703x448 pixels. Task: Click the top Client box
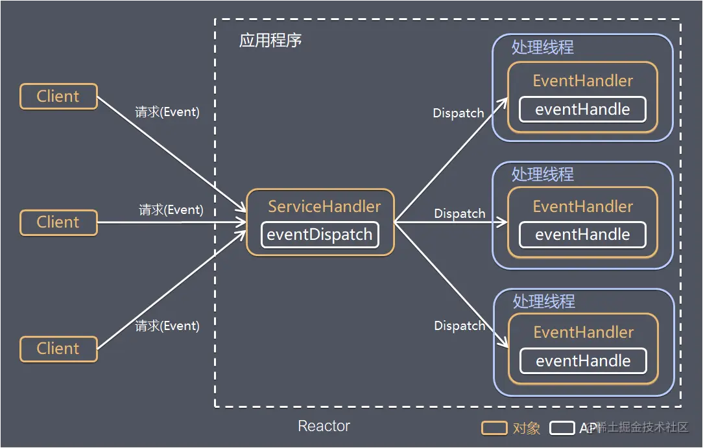(x=58, y=97)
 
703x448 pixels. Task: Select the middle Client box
(x=58, y=222)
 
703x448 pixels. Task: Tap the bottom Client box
(x=58, y=349)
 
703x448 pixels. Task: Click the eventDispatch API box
(x=320, y=235)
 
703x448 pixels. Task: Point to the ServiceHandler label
(x=324, y=207)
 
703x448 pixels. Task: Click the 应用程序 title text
(x=270, y=41)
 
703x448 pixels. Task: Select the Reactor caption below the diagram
(x=324, y=426)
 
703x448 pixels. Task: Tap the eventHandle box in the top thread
(x=582, y=110)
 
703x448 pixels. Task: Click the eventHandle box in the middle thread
(x=582, y=235)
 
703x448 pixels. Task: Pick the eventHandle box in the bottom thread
(x=583, y=361)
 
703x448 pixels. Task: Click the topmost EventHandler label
(x=582, y=81)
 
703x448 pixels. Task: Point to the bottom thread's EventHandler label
(x=583, y=333)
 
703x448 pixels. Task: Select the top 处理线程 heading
(x=543, y=48)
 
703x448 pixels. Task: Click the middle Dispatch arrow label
(x=460, y=213)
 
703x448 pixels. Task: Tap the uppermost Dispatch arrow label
(x=459, y=113)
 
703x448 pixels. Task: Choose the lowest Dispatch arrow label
(x=460, y=325)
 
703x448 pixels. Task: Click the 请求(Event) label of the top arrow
(x=167, y=112)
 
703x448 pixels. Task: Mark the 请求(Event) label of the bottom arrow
(x=167, y=326)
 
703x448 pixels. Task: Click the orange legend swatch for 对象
(x=494, y=429)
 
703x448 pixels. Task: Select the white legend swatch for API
(x=562, y=429)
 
